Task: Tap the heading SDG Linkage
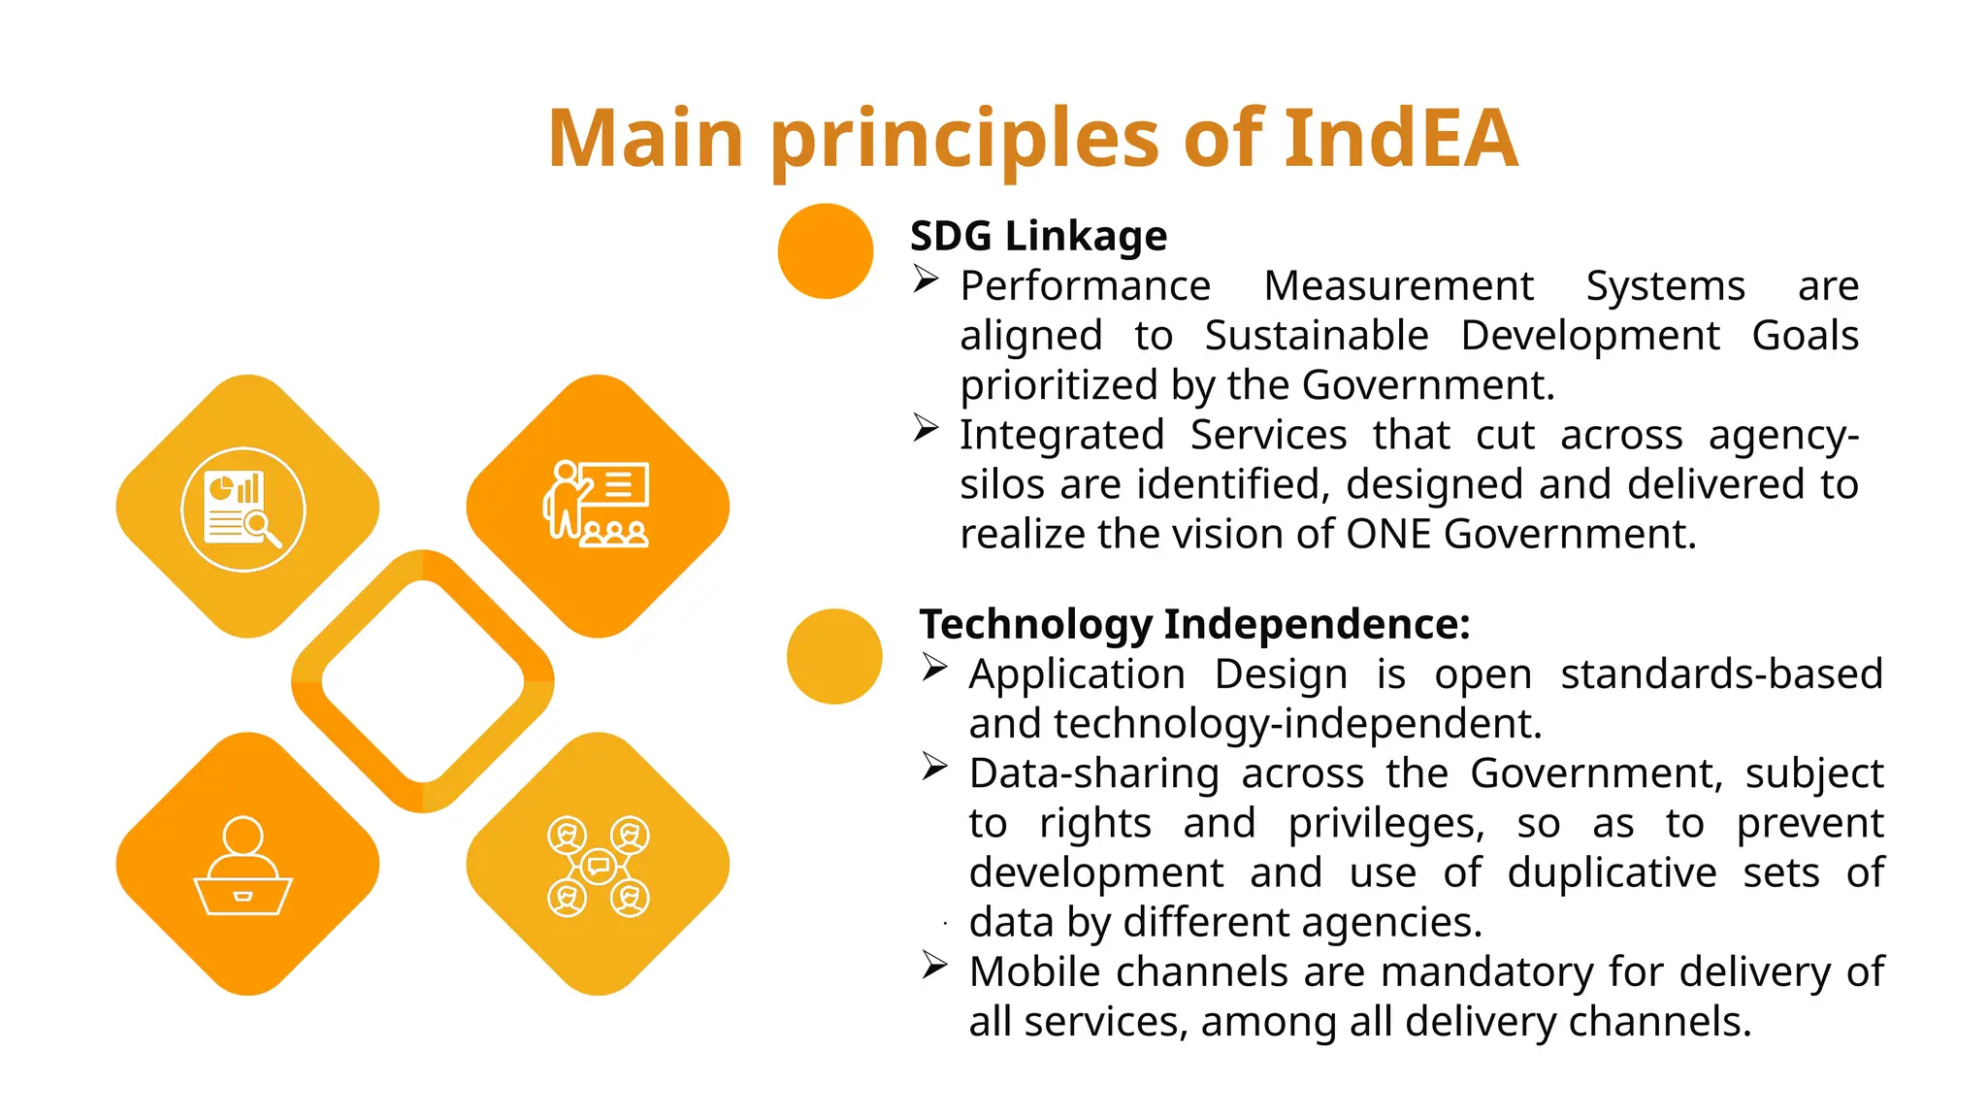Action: [1038, 236]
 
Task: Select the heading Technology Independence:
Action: [1194, 624]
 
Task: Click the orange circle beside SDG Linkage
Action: [826, 251]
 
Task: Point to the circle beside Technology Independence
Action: [834, 656]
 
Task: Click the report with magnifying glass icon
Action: [244, 510]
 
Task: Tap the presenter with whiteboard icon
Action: [597, 505]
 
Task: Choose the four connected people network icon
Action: [598, 866]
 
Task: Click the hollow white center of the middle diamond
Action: [423, 681]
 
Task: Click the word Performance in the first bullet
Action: [1085, 286]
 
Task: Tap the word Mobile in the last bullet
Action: [1034, 971]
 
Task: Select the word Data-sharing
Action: [1093, 773]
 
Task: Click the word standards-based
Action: [1721, 674]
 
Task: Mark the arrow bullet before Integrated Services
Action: [926, 428]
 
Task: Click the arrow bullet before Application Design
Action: [934, 668]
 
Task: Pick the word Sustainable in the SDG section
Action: [1316, 336]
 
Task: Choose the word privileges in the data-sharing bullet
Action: [1385, 823]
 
